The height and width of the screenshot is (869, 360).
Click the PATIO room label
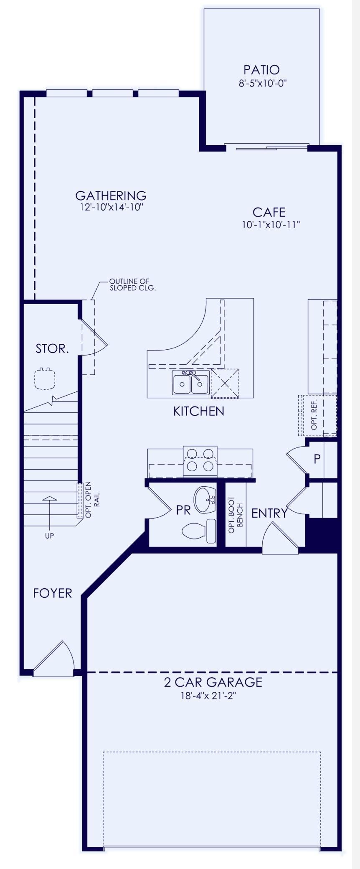pos(261,69)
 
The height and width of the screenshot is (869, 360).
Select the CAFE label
pos(269,212)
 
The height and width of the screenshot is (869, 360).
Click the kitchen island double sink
pos(191,382)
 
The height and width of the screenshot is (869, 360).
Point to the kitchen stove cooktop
pos(200,461)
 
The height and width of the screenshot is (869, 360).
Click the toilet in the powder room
pos(199,531)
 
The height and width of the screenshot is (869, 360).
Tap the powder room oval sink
pos(205,500)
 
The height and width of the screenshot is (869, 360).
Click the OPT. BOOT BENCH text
pos(236,514)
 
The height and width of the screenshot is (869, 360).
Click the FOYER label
pos(53,593)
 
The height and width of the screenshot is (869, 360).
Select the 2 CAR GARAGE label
pos(213,682)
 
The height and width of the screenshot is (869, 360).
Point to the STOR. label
pos(52,348)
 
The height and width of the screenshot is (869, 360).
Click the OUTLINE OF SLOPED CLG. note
pos(132,285)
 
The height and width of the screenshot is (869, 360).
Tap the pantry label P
pos(317,459)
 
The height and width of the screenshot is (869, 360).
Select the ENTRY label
pos(269,513)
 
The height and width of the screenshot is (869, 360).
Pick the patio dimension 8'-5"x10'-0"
pos(263,83)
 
